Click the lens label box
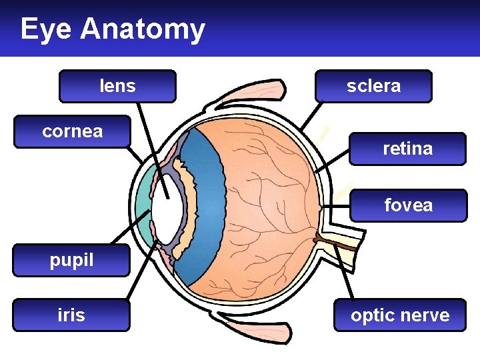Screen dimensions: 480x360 tap(117, 86)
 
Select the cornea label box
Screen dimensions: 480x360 tap(72, 131)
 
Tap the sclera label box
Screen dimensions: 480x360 tap(373, 86)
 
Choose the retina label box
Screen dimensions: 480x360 tap(407, 148)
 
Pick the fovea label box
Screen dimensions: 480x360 tap(408, 205)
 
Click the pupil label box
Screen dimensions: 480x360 tap(71, 260)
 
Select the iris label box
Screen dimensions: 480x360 tap(71, 315)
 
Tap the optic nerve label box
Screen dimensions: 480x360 tap(400, 315)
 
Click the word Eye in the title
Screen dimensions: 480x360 tap(47, 29)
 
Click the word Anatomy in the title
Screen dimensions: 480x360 tap(143, 29)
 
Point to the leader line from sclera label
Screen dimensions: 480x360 tap(310, 116)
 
